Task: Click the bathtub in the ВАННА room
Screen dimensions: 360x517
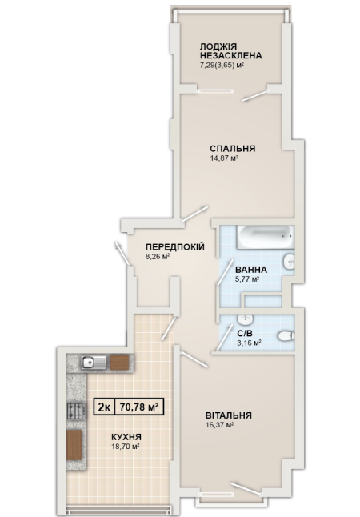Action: pyautogui.click(x=265, y=237)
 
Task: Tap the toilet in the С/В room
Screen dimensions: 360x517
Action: pyautogui.click(x=286, y=335)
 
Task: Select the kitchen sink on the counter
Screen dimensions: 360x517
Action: pyautogui.click(x=94, y=363)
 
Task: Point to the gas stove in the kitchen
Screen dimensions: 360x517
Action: pyautogui.click(x=76, y=411)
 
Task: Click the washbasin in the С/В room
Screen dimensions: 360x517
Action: pyautogui.click(x=245, y=319)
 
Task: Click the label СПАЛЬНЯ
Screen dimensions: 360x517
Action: pyautogui.click(x=233, y=149)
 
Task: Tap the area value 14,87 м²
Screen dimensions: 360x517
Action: pyautogui.click(x=224, y=158)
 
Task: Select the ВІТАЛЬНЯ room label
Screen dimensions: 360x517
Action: pyautogui.click(x=229, y=415)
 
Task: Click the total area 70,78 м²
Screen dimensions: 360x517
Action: pyautogui.click(x=139, y=407)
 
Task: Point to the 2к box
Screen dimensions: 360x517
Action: pyautogui.click(x=105, y=407)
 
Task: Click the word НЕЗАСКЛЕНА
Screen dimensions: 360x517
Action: pyautogui.click(x=230, y=55)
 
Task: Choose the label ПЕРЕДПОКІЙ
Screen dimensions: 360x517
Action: pyautogui.click(x=175, y=247)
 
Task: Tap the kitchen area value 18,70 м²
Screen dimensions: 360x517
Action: pyautogui.click(x=126, y=447)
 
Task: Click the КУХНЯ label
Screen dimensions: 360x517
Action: pyautogui.click(x=126, y=437)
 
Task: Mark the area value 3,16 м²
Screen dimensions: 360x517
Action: pyautogui.click(x=250, y=343)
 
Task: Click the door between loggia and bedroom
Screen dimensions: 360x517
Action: pyautogui.click(x=255, y=95)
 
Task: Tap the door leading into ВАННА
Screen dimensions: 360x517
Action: pyautogui.click(x=226, y=272)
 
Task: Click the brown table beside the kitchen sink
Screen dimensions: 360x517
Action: pyautogui.click(x=119, y=363)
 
